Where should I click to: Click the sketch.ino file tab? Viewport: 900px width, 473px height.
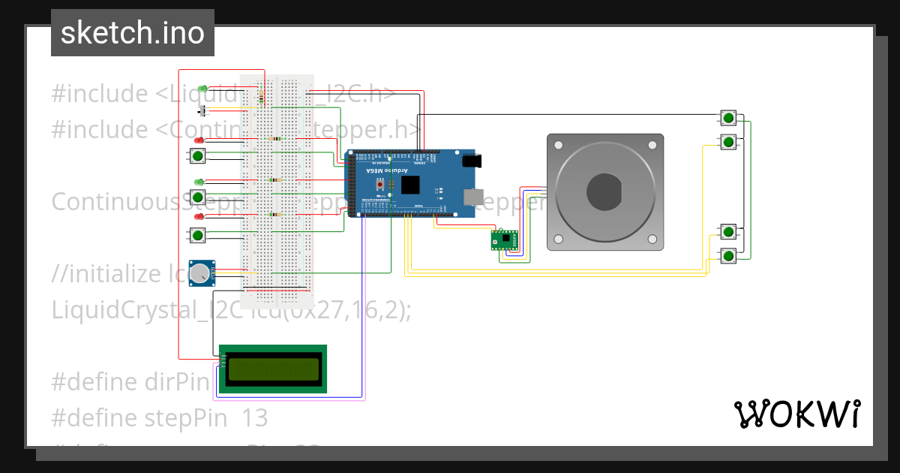pyautogui.click(x=133, y=33)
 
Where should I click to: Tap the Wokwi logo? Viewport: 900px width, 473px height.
pyautogui.click(x=796, y=414)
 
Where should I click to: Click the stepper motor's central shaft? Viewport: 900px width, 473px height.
pyautogui.click(x=605, y=191)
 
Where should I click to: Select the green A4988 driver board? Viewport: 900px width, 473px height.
pyautogui.click(x=504, y=240)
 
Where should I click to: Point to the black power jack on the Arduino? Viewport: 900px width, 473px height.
pyautogui.click(x=472, y=160)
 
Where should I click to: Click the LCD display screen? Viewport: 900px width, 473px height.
pyautogui.click(x=273, y=369)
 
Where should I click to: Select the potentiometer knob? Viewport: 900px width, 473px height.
pyautogui.click(x=199, y=274)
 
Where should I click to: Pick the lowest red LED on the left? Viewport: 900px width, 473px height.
pyautogui.click(x=199, y=216)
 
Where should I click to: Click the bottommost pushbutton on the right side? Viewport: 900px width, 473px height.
pyautogui.click(x=727, y=255)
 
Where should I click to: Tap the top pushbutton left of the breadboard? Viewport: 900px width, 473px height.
pyautogui.click(x=197, y=156)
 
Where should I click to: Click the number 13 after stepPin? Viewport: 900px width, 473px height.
pyautogui.click(x=254, y=418)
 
